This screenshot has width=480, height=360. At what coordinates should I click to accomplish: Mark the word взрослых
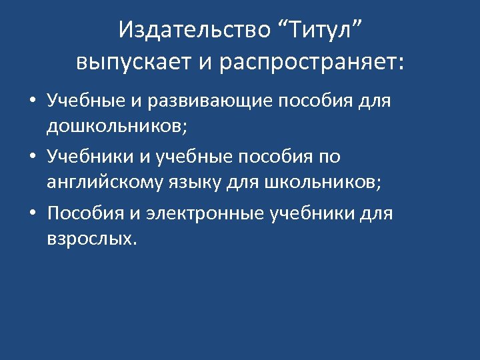pos(91,237)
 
